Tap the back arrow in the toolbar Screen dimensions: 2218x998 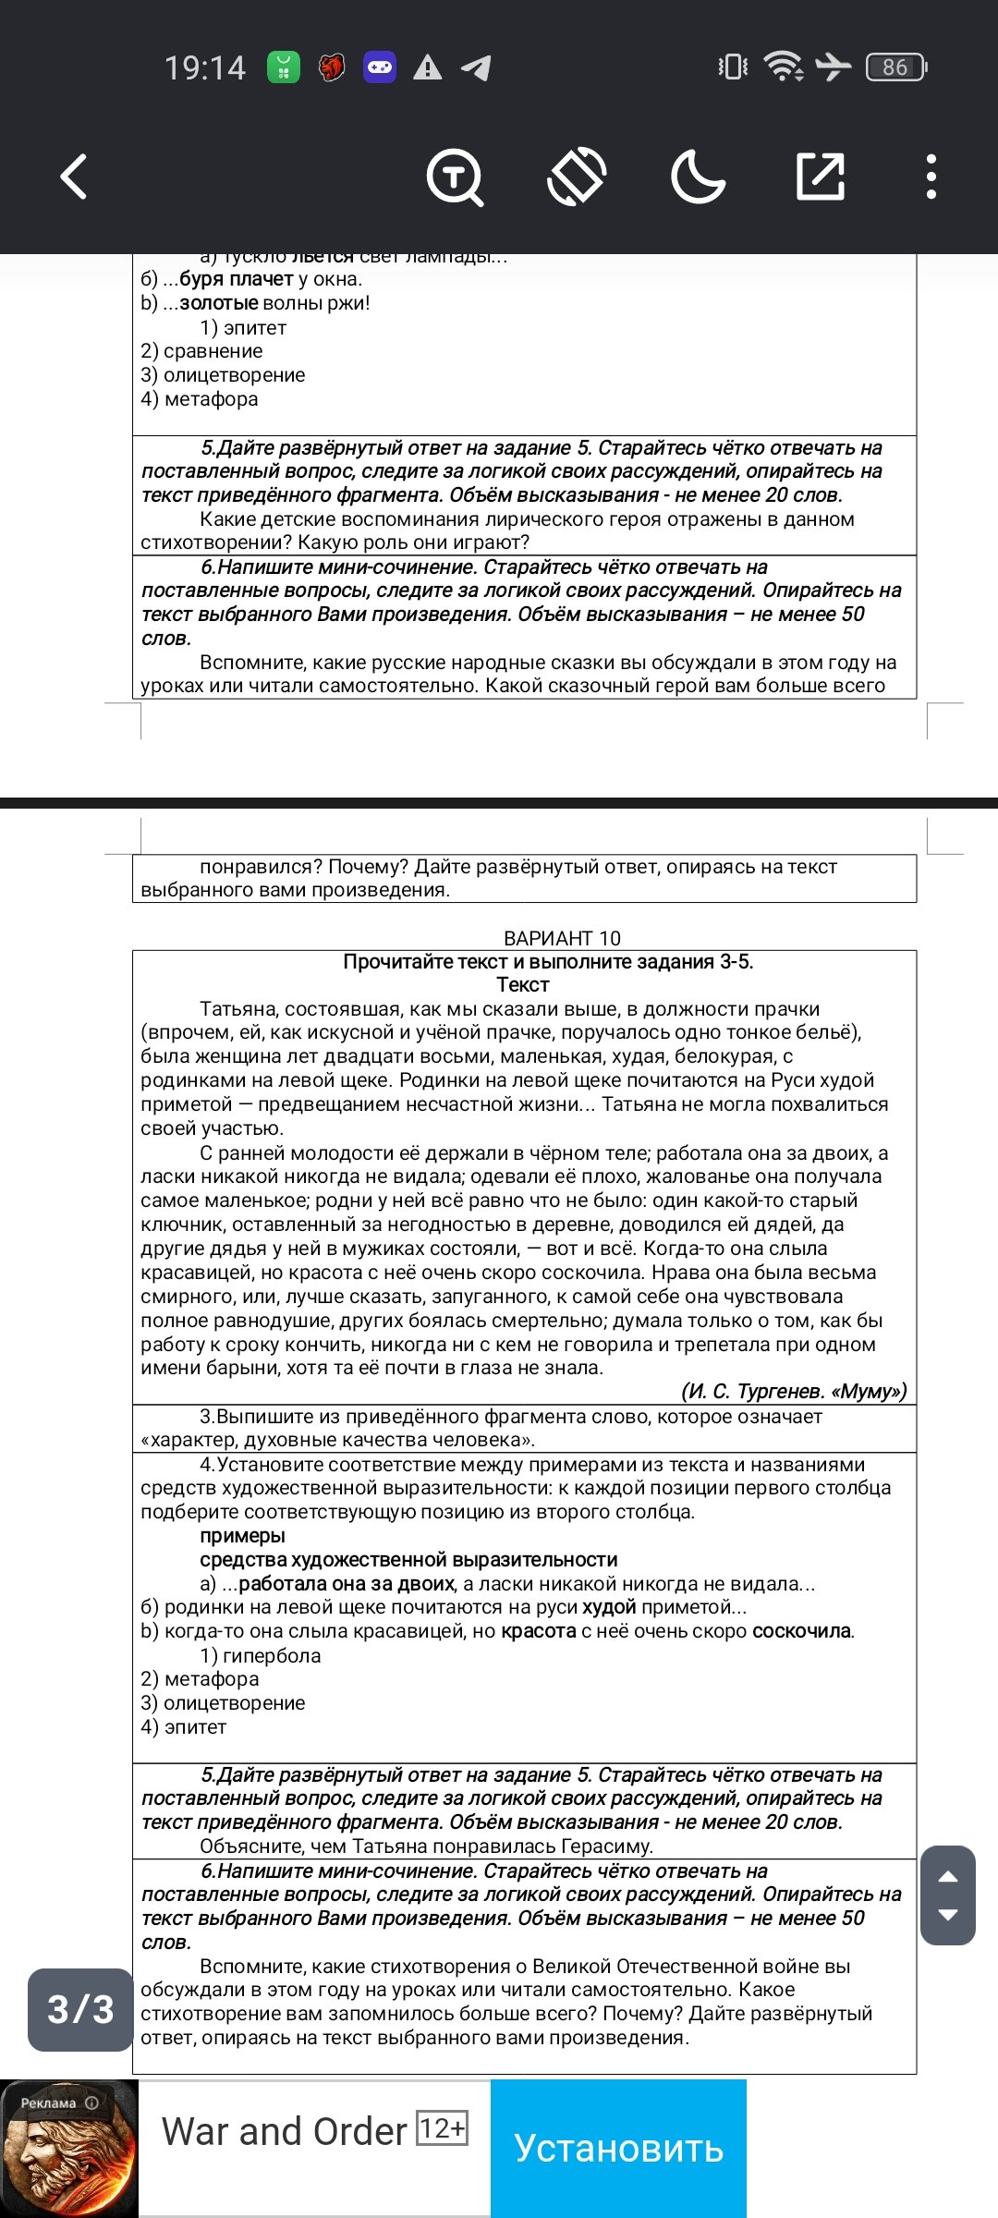(74, 176)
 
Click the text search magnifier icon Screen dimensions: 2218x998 (455, 177)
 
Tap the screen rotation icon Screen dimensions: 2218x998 (577, 177)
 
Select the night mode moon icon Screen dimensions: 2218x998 (698, 177)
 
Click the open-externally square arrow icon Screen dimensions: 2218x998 (821, 177)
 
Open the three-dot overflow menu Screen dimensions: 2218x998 (931, 177)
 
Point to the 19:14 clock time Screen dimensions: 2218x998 (205, 67)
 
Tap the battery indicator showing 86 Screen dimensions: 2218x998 (895, 67)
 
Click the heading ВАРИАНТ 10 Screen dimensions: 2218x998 (562, 938)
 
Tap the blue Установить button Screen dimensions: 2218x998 (618, 2148)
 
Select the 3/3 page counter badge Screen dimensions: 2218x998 (80, 2009)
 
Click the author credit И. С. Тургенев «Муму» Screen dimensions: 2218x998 (793, 1391)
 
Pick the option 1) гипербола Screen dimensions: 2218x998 (261, 1655)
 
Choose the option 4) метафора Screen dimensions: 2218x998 (200, 399)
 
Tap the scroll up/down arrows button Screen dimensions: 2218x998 (948, 1895)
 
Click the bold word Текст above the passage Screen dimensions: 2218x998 (523, 985)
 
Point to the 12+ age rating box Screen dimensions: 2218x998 (443, 2128)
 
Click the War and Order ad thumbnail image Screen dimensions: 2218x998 (69, 2149)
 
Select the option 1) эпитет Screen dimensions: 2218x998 (243, 328)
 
